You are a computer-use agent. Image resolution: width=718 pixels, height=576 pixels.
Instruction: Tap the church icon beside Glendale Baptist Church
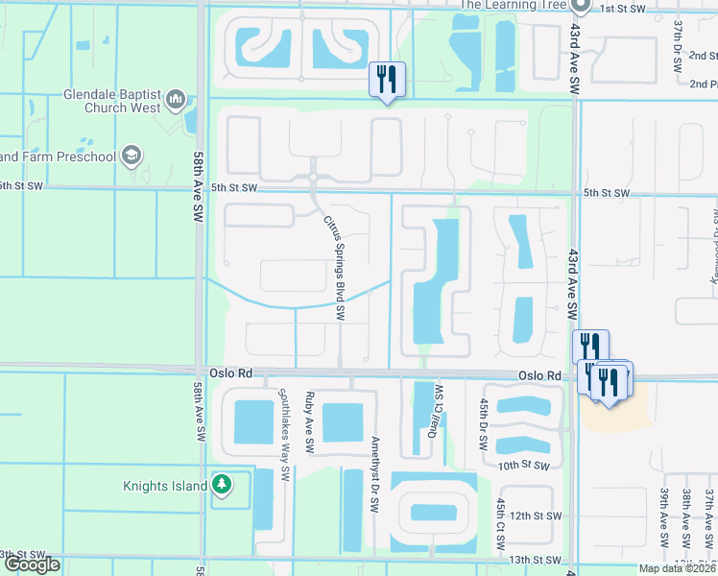(175, 99)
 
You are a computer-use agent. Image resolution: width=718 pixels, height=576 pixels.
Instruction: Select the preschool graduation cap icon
(131, 156)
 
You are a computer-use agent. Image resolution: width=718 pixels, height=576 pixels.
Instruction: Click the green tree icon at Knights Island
(222, 486)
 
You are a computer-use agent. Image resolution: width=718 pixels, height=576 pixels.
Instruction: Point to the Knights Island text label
(164, 487)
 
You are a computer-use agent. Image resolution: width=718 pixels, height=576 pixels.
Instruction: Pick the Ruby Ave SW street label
(309, 422)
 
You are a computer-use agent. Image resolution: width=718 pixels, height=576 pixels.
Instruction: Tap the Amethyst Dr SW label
(374, 465)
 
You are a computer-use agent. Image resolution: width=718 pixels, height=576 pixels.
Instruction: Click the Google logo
(31, 564)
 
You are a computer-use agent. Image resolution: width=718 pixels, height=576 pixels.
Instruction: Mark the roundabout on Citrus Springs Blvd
(314, 177)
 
